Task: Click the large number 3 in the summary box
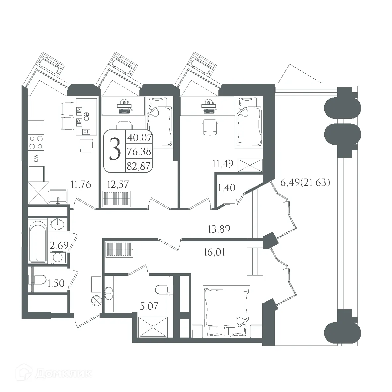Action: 115,150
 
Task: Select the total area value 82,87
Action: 139,166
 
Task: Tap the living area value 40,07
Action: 139,137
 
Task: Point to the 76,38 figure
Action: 139,151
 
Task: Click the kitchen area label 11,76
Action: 81,185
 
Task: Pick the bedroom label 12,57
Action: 118,185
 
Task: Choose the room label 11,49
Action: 223,164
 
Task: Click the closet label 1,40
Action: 226,188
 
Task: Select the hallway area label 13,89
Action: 219,229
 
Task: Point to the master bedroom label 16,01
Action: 214,252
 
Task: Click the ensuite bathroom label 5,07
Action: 149,306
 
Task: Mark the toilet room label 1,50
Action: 56,283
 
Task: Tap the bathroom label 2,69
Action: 59,246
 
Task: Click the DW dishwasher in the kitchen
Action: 36,158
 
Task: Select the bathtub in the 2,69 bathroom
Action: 38,242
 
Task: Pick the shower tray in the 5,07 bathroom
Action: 153,327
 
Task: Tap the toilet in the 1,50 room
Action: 39,280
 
